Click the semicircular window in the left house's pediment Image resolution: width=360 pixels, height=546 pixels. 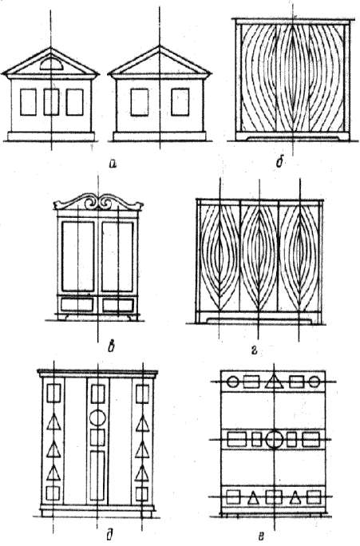(50, 65)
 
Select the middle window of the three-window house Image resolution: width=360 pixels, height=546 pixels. (51, 102)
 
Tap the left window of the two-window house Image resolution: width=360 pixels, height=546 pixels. (139, 102)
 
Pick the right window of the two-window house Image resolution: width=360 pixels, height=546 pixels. (180, 102)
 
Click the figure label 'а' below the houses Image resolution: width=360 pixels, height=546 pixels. (112, 163)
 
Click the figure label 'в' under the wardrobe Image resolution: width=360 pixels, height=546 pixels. (112, 347)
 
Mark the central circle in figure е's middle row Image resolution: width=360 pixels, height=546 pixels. (275, 439)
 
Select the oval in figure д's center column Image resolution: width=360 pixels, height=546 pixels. (97, 417)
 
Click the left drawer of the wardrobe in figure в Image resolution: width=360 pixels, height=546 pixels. (77, 305)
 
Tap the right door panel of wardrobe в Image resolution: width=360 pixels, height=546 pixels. (117, 256)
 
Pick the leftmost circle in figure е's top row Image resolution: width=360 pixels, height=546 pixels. (232, 382)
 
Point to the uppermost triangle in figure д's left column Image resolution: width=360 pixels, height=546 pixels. (53, 423)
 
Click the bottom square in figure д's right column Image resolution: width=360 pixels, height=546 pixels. (142, 494)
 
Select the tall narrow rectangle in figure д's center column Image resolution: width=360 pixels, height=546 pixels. (97, 475)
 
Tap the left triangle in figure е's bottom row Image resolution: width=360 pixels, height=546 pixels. (254, 498)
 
